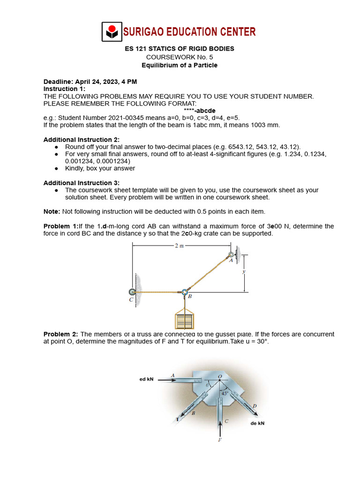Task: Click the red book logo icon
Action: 111,32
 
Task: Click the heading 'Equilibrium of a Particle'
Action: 180,65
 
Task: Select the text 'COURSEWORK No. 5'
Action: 180,57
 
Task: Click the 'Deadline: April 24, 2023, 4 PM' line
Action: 90,82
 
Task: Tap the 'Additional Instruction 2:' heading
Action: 82,140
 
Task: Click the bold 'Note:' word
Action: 52,211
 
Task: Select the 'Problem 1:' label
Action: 61,226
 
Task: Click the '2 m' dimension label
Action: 180,245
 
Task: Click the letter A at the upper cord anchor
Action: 231,261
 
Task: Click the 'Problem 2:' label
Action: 61,334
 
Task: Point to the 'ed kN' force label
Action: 146,379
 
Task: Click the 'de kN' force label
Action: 257,423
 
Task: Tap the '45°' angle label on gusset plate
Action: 225,394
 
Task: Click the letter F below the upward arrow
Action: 220,440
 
